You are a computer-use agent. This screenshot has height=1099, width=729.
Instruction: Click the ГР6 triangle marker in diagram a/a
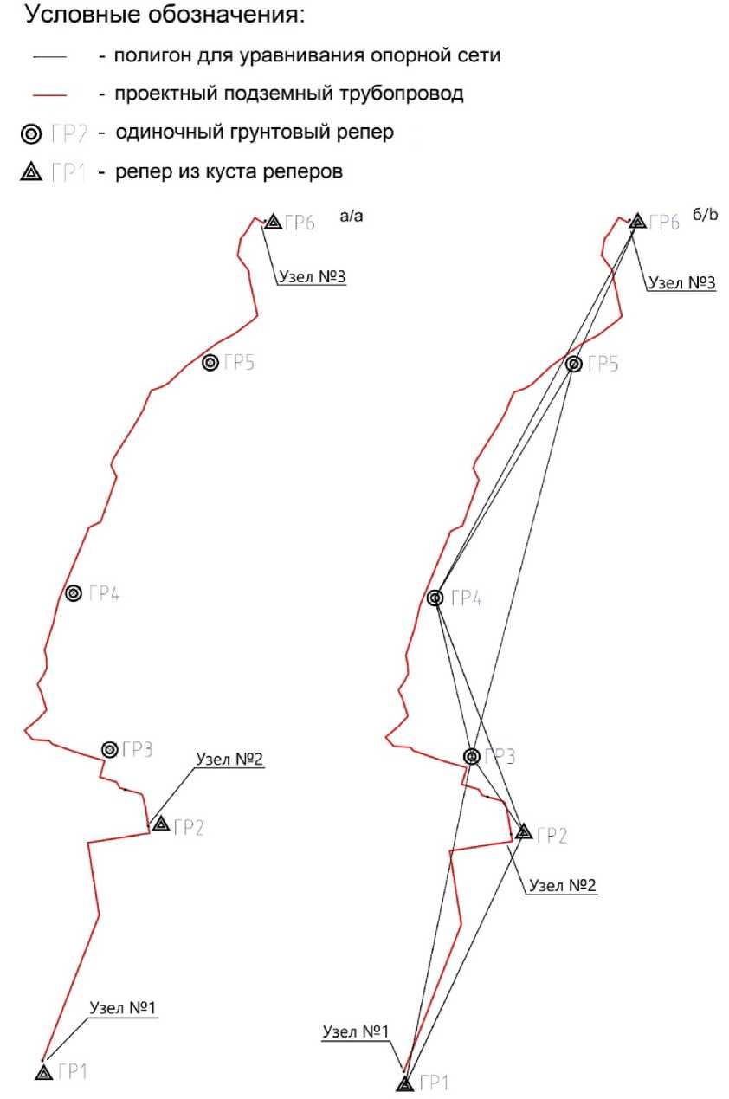[273, 223]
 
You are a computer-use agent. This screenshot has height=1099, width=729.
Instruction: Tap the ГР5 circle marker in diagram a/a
[210, 363]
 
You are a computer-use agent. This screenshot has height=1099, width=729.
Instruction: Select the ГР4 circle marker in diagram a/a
[74, 593]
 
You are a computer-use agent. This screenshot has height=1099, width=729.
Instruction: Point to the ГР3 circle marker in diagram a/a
[110, 749]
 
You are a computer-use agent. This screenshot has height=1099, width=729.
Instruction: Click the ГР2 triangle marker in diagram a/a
[160, 824]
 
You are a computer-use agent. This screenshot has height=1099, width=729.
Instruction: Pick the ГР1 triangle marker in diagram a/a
[44, 1072]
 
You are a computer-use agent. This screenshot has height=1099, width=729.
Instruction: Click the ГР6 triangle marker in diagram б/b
[637, 222]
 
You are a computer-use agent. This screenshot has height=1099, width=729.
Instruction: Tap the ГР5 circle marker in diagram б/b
[573, 365]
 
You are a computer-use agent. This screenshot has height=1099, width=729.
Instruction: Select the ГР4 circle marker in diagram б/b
[435, 598]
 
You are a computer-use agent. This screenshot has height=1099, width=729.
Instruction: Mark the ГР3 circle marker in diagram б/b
[472, 756]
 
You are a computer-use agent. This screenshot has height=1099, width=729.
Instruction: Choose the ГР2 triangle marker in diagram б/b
[523, 832]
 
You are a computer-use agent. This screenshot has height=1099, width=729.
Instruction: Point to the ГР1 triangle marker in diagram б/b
[404, 1083]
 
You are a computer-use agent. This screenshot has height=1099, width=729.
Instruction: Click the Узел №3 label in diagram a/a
[312, 277]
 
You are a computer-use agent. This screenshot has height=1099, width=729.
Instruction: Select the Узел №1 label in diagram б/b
[356, 1031]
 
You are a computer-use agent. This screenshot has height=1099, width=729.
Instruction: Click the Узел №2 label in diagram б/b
[563, 885]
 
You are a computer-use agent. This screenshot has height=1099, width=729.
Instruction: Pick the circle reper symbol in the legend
[30, 134]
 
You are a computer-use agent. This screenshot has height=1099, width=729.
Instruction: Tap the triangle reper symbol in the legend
[30, 172]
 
